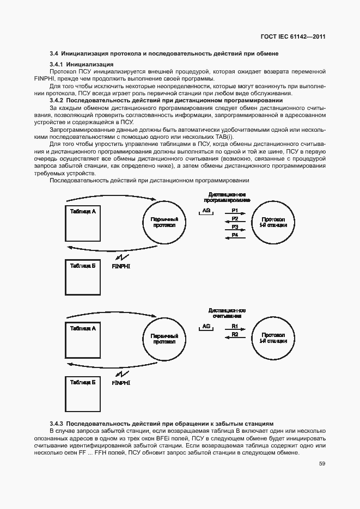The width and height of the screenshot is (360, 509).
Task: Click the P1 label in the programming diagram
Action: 235,210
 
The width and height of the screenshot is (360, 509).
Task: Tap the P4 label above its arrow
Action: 235,235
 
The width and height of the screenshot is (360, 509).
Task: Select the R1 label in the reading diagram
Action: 235,326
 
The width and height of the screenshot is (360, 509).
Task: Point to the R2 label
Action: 235,334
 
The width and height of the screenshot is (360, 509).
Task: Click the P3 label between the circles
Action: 235,226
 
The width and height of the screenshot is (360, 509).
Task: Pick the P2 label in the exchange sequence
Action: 235,218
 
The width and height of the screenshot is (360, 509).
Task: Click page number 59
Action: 322,464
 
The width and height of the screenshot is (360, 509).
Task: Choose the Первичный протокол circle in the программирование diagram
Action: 165,222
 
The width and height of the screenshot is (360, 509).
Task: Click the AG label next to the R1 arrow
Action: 206,326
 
